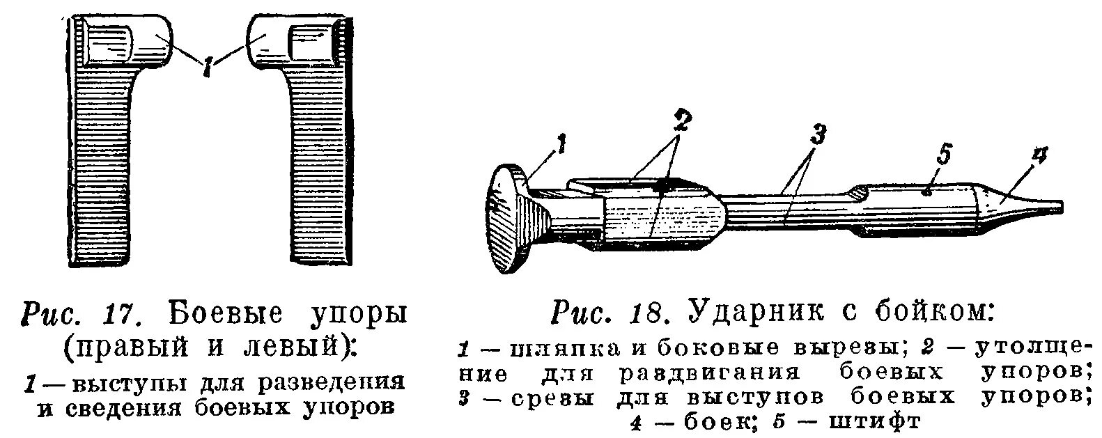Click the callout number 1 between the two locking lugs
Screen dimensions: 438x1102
point(207,67)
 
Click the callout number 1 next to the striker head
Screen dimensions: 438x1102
point(561,146)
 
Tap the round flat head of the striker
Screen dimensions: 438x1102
point(512,219)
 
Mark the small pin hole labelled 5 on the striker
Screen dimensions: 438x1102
point(927,194)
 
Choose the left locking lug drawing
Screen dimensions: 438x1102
point(111,139)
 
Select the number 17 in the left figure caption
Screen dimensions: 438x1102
point(130,314)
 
